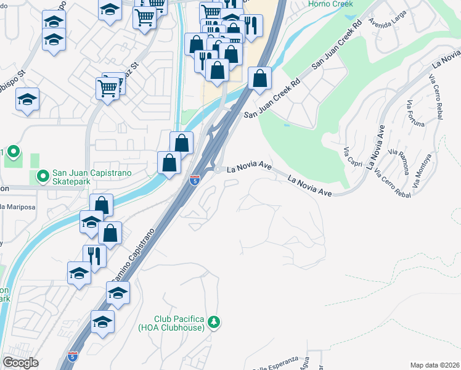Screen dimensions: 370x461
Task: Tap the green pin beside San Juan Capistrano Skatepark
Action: coord(43,178)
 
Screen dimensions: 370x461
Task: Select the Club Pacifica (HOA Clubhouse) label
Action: coord(171,323)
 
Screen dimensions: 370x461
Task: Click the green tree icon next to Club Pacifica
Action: coord(214,322)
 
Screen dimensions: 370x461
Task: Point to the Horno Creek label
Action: coord(331,4)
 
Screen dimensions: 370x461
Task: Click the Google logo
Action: coord(20,362)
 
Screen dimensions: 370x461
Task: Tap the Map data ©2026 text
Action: coord(434,365)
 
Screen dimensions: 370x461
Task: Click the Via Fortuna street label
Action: coord(416,113)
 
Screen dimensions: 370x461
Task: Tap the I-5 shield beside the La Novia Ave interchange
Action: coord(194,180)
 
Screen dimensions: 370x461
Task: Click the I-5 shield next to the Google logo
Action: coord(73,356)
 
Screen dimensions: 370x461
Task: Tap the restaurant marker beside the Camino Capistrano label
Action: coord(95,255)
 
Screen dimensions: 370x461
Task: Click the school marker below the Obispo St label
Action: coord(28,100)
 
